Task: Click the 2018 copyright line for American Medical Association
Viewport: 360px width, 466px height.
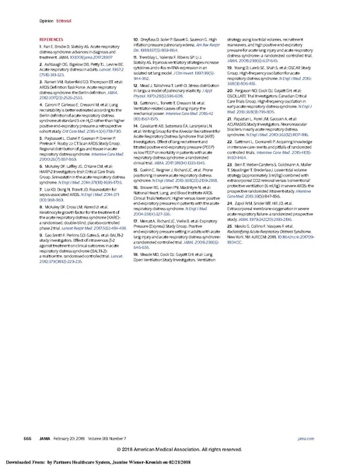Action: [180, 448]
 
